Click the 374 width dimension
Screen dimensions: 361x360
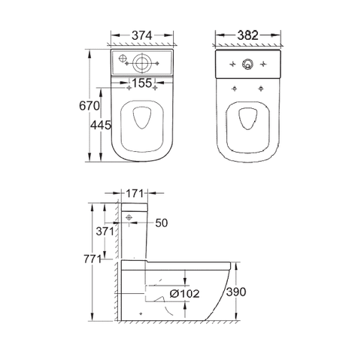click(x=142, y=35)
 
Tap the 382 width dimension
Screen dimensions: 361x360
click(x=247, y=35)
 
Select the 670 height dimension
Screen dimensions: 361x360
click(x=89, y=106)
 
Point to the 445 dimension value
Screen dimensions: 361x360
click(x=101, y=125)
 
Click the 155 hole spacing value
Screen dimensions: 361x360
click(x=142, y=83)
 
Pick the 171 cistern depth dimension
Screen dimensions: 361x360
click(x=135, y=193)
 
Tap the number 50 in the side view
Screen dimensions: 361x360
click(x=162, y=222)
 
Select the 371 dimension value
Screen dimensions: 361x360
click(x=105, y=231)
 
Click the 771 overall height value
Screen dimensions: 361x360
click(x=93, y=259)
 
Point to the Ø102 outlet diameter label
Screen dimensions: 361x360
click(x=184, y=293)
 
